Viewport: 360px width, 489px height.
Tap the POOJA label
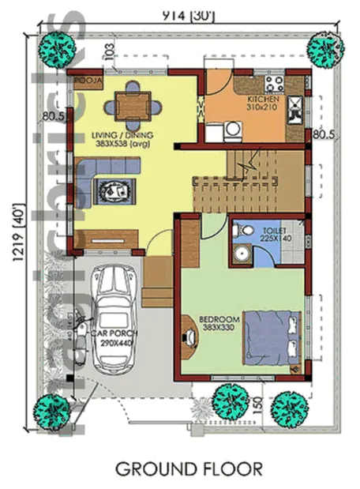pyautogui.click(x=85, y=81)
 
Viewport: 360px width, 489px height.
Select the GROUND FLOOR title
pyautogui.click(x=189, y=468)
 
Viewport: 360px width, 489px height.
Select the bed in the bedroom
pyautogui.click(x=272, y=340)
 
